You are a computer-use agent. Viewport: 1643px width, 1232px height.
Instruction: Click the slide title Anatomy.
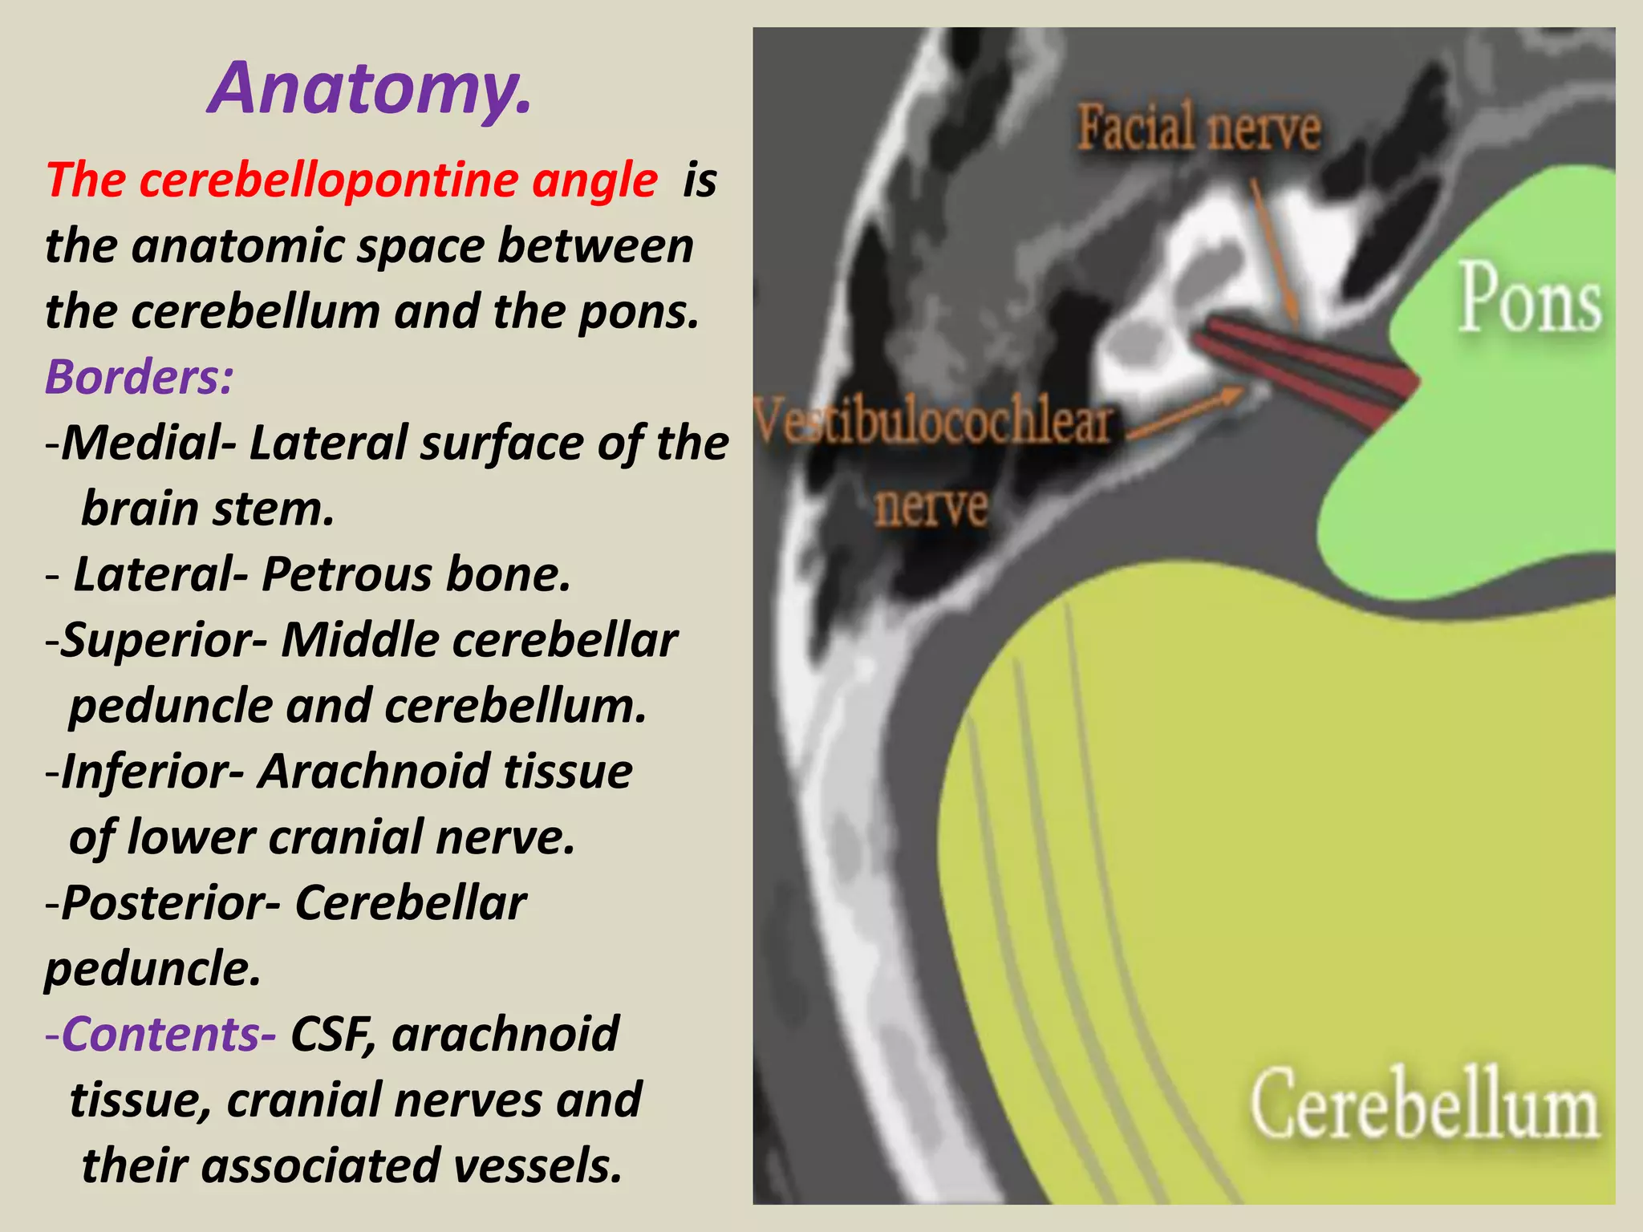coord(370,88)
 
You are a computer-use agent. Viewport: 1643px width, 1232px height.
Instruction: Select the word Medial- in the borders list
coord(149,443)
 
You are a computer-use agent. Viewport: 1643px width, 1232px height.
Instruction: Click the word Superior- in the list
coord(164,640)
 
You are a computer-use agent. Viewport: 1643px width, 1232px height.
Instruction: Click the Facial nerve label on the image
coord(1199,128)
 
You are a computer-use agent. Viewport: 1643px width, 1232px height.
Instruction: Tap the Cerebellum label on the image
coord(1425,1105)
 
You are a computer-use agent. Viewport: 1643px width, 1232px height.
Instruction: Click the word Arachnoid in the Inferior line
coord(373,772)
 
